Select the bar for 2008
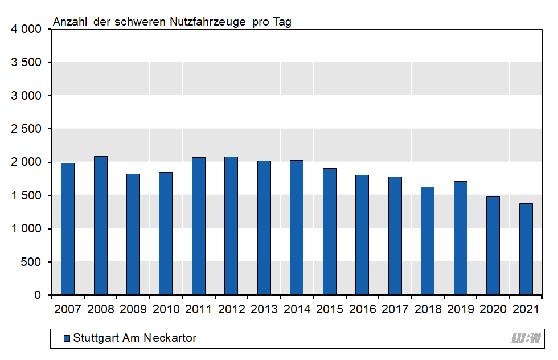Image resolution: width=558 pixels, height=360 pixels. pyautogui.click(x=100, y=226)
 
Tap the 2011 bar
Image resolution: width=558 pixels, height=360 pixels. pyautogui.click(x=199, y=226)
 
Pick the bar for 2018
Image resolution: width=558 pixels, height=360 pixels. pyautogui.click(x=428, y=241)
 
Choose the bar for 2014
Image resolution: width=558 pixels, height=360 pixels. pyautogui.click(x=297, y=228)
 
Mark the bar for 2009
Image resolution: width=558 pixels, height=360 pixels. pyautogui.click(x=133, y=235)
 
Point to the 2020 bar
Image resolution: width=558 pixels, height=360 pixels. pyautogui.click(x=493, y=246)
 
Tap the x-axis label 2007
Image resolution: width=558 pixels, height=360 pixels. pyautogui.click(x=67, y=309)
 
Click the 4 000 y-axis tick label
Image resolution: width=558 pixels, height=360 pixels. pyautogui.click(x=26, y=30)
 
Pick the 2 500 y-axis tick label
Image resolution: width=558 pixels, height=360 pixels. pyautogui.click(x=26, y=129)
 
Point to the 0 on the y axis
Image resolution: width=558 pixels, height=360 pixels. pyautogui.click(x=38, y=295)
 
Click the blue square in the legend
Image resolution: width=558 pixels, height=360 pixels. pyautogui.click(x=67, y=338)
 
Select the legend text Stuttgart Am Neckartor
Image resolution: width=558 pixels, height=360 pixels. pyautogui.click(x=134, y=338)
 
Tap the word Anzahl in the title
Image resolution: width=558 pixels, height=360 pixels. pyautogui.click(x=71, y=22)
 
